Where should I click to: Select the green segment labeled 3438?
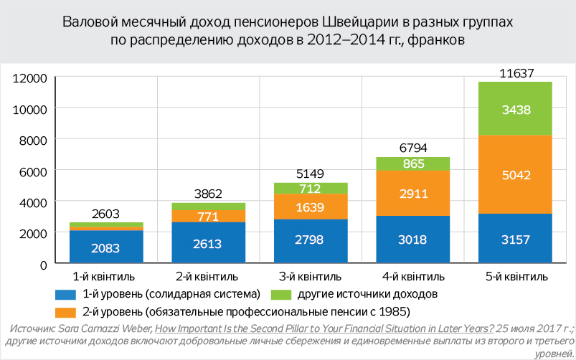tap(516, 110)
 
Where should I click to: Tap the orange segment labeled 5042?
tap(516, 174)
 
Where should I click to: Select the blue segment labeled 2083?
tap(106, 248)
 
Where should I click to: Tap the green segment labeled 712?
tap(311, 189)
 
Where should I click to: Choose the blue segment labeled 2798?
tap(311, 242)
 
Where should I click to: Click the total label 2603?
tap(106, 214)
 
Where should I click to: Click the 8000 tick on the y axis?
tap(33, 140)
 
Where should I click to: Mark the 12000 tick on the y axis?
tap(30, 77)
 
